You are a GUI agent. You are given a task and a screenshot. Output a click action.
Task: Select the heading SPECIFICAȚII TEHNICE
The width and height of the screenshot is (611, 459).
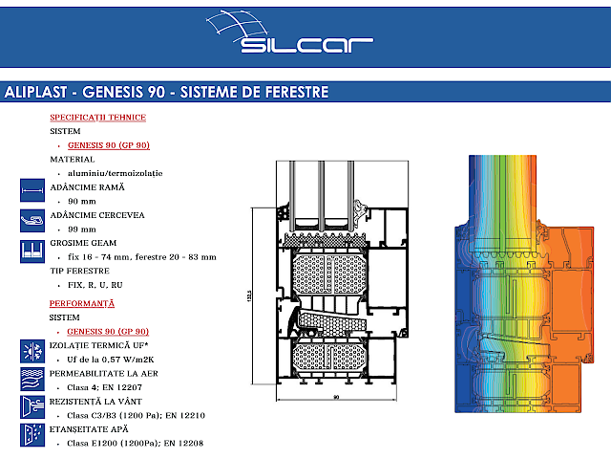[97, 117]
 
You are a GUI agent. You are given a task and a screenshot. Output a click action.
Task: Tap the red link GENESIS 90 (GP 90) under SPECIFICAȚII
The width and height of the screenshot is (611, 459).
[108, 144]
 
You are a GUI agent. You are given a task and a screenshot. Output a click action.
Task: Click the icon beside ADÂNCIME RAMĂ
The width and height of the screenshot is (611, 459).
[32, 189]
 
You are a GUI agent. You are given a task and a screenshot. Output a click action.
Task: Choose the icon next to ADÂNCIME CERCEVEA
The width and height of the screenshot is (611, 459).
[32, 220]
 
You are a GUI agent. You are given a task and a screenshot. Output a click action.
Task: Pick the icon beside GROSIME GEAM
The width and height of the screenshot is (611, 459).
[32, 250]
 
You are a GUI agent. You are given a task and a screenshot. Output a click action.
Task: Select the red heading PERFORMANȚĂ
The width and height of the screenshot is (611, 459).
[81, 302]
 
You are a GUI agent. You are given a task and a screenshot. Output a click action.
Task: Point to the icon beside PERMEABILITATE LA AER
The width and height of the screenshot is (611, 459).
[32, 378]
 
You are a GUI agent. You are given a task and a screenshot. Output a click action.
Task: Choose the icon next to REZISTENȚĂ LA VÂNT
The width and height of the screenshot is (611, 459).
[32, 406]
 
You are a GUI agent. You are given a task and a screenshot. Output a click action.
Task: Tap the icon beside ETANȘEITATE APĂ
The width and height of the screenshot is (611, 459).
[32, 435]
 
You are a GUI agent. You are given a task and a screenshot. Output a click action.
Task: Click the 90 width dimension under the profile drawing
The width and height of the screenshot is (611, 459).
[336, 395]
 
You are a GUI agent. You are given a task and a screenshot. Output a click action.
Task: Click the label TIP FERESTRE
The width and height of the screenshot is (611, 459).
[79, 271]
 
